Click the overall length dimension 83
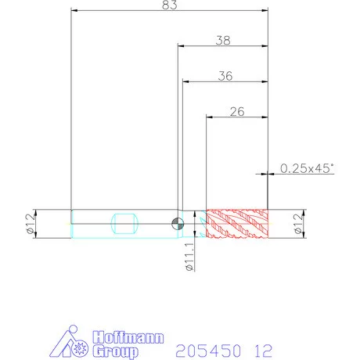(x=170, y=5)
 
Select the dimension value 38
(x=223, y=41)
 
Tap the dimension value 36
(x=225, y=76)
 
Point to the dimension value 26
(x=237, y=112)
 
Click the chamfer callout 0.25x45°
(x=307, y=168)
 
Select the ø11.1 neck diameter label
(x=189, y=257)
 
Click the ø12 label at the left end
(x=31, y=224)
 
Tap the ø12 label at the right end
(x=299, y=224)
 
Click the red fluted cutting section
(x=237, y=224)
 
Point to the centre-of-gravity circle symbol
(x=178, y=224)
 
